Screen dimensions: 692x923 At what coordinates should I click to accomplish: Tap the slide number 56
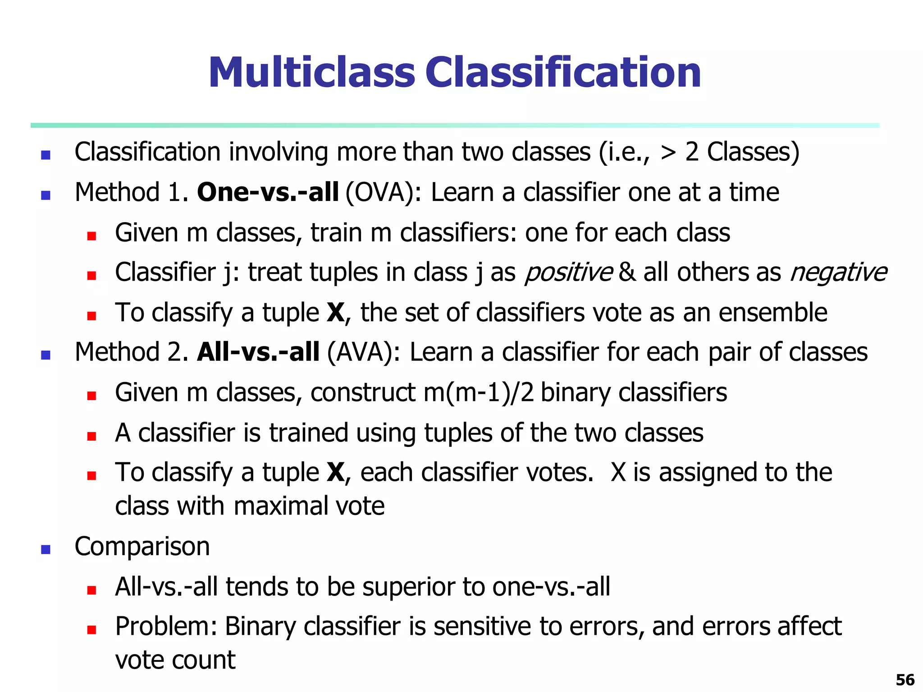(905, 679)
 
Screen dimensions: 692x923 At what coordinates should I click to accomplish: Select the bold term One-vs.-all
(268, 192)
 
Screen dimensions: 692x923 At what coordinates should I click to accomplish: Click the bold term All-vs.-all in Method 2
(258, 352)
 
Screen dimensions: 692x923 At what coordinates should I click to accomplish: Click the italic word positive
(568, 273)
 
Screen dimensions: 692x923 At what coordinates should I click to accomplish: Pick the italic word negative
(838, 273)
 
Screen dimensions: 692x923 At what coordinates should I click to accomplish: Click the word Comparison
(142, 546)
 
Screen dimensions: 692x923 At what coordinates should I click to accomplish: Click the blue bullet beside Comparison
(46, 550)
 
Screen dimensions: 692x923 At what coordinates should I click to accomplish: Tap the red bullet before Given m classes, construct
(92, 396)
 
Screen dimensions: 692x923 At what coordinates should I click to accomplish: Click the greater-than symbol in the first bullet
(668, 153)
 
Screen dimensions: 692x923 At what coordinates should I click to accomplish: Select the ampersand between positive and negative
(628, 273)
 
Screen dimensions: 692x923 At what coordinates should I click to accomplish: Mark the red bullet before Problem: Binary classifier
(92, 630)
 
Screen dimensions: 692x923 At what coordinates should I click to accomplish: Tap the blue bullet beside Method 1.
(46, 196)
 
